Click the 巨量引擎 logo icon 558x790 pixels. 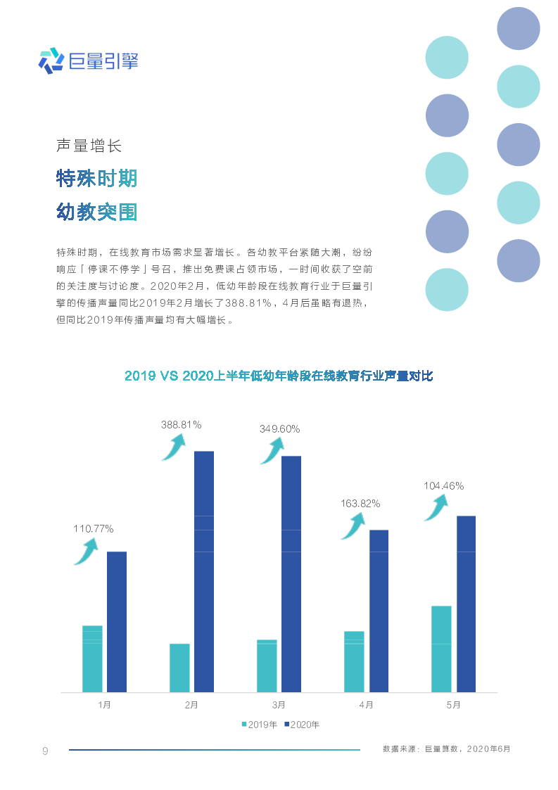[x=51, y=61]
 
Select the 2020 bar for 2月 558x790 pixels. [x=204, y=571]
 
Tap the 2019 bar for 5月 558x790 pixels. [x=441, y=649]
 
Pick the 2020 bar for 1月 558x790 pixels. [x=117, y=621]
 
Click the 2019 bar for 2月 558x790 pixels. [x=179, y=668]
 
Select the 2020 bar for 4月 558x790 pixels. [x=379, y=611]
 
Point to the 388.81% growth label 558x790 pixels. [x=182, y=425]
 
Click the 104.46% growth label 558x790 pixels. [x=443, y=485]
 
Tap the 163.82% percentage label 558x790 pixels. [x=360, y=504]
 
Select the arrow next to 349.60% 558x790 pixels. [x=272, y=451]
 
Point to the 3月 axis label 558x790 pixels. [x=279, y=704]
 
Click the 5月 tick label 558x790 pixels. [x=453, y=704]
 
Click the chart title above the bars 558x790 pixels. [x=279, y=376]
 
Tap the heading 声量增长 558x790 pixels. [x=89, y=146]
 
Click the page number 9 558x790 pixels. [x=45, y=751]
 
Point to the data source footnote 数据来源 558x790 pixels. [x=446, y=749]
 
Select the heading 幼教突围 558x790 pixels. [x=96, y=212]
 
